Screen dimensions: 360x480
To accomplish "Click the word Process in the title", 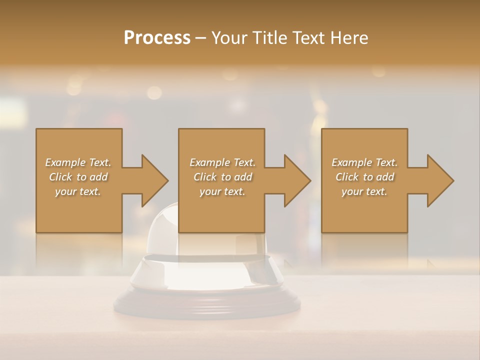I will coord(157,38).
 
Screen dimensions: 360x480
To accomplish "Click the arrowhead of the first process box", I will coord(155,180).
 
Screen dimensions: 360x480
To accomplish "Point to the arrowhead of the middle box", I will coord(297,180).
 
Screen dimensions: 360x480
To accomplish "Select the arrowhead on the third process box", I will coord(440,180).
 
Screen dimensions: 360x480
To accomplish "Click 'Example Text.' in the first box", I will coord(78,162).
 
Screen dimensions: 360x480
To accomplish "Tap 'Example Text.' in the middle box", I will coord(222,162).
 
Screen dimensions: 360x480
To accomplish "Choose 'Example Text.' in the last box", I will coord(364,162).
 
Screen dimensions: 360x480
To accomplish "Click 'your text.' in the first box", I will coord(78,191).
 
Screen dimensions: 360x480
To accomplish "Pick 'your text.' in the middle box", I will coord(222,191).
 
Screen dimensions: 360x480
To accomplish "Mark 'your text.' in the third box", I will coord(364,191).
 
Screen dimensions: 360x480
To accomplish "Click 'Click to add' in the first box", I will coord(78,177).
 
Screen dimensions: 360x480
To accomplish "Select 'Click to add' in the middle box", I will coord(222,177).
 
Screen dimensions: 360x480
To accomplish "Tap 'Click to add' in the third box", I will coord(364,177).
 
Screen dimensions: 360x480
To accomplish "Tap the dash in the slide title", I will coord(201,38).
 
